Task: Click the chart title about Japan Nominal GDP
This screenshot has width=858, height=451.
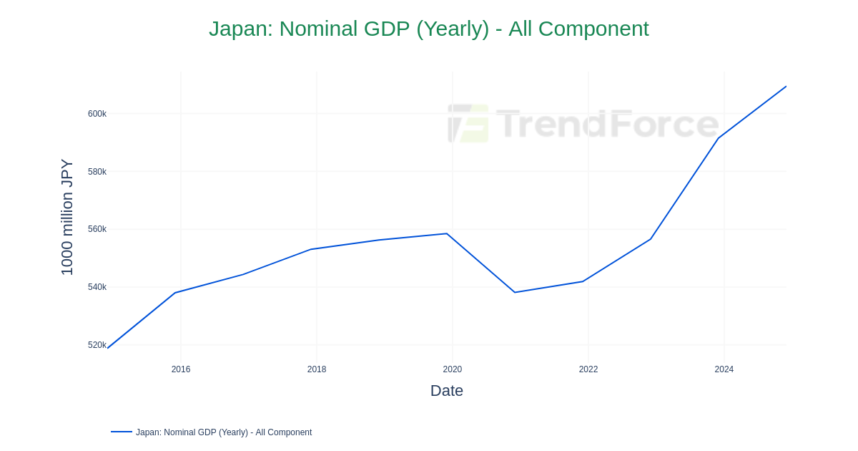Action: click(428, 29)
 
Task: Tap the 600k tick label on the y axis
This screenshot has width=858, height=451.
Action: click(97, 114)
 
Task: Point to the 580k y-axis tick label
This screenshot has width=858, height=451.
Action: click(97, 172)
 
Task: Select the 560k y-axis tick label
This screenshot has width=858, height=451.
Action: click(97, 229)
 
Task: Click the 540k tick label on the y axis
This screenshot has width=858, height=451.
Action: click(97, 287)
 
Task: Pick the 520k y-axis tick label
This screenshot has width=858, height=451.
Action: click(97, 345)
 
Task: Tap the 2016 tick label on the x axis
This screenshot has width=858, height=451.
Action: click(181, 369)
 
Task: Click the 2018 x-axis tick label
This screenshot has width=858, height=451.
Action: click(317, 369)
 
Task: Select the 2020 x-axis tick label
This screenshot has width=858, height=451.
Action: click(453, 369)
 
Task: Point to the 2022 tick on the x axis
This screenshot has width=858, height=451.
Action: click(588, 369)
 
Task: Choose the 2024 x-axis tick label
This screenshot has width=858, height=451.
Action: click(724, 369)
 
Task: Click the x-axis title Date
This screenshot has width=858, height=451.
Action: click(447, 391)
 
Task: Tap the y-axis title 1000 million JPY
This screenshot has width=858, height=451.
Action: click(67, 217)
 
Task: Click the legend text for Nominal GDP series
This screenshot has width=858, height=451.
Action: click(224, 432)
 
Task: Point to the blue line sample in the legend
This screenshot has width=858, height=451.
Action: click(122, 432)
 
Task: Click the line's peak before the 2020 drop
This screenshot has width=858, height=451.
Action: click(447, 233)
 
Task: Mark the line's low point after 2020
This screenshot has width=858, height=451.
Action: click(515, 292)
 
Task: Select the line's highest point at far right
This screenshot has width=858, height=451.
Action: click(786, 87)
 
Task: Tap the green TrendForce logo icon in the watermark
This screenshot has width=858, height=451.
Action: click(468, 123)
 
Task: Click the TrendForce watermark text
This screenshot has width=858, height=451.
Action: click(607, 123)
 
